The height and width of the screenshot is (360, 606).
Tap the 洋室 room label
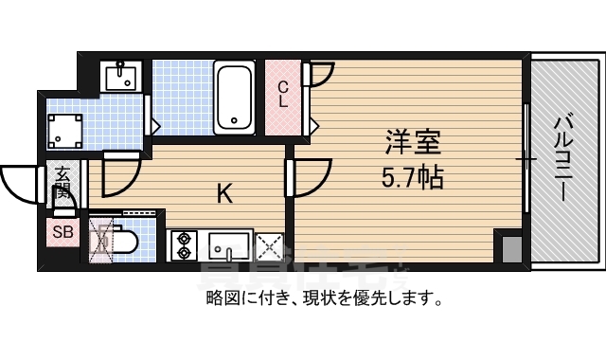tap(411, 146)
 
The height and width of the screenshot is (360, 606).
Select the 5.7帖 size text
tap(412, 177)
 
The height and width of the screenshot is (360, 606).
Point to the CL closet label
tap(282, 94)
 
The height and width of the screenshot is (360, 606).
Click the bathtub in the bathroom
tap(233, 98)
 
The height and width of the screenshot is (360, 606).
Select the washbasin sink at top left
tap(123, 75)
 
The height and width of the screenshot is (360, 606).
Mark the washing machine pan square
tap(65, 129)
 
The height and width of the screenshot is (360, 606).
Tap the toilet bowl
tap(121, 242)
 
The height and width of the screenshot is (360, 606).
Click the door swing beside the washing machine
tap(121, 170)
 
